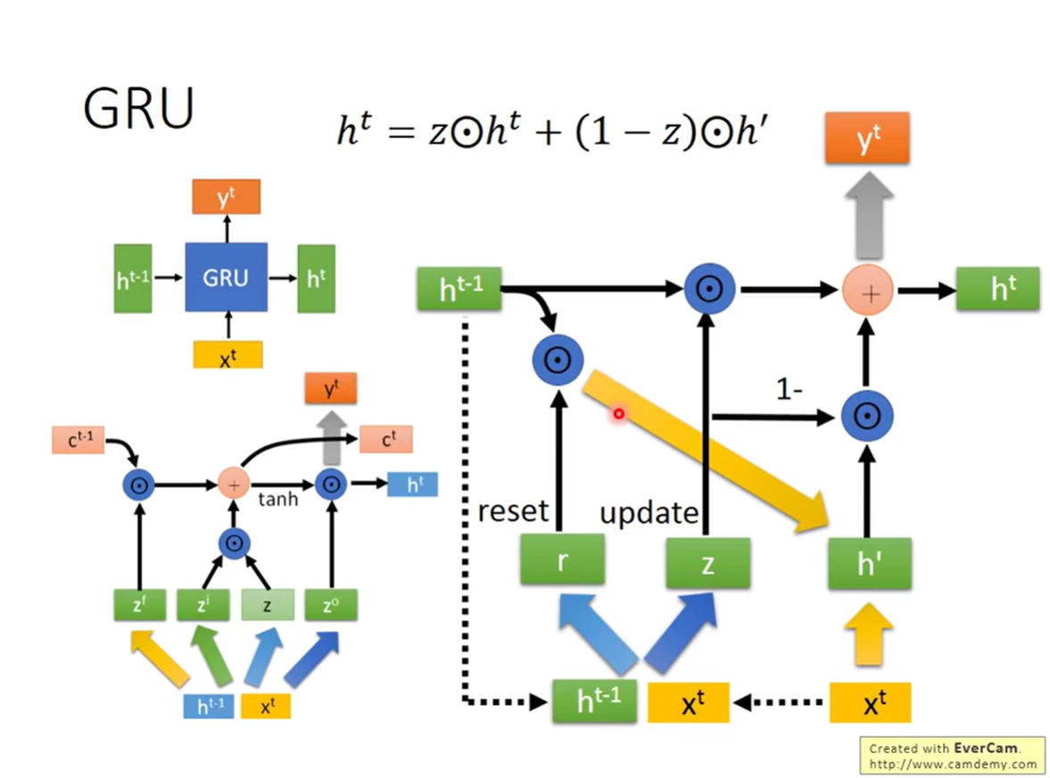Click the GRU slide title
tap(138, 108)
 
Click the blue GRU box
tap(227, 277)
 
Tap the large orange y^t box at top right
tap(867, 138)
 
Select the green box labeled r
tap(563, 560)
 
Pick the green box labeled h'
tap(869, 564)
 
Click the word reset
tap(513, 511)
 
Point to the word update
tap(649, 513)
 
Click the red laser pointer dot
tap(619, 414)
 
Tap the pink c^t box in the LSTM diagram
tap(386, 440)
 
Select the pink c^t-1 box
tap(79, 440)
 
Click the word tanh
tap(278, 499)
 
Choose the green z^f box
tap(139, 605)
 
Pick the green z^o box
tap(331, 605)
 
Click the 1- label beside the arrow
tap(790, 389)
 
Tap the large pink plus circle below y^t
tap(868, 292)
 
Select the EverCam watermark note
tap(952, 755)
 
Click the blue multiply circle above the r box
tap(558, 360)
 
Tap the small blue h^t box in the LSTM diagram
tap(412, 484)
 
